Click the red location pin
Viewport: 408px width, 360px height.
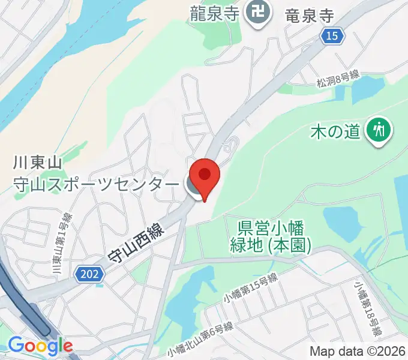[205, 175]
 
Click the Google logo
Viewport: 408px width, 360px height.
[40, 346]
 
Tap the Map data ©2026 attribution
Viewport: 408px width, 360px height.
[358, 351]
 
